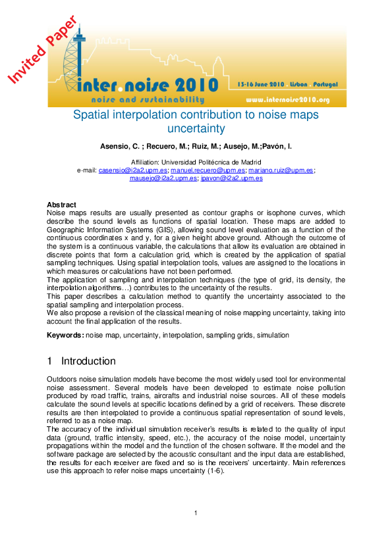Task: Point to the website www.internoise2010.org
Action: (287, 100)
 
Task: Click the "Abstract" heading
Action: (61, 205)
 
